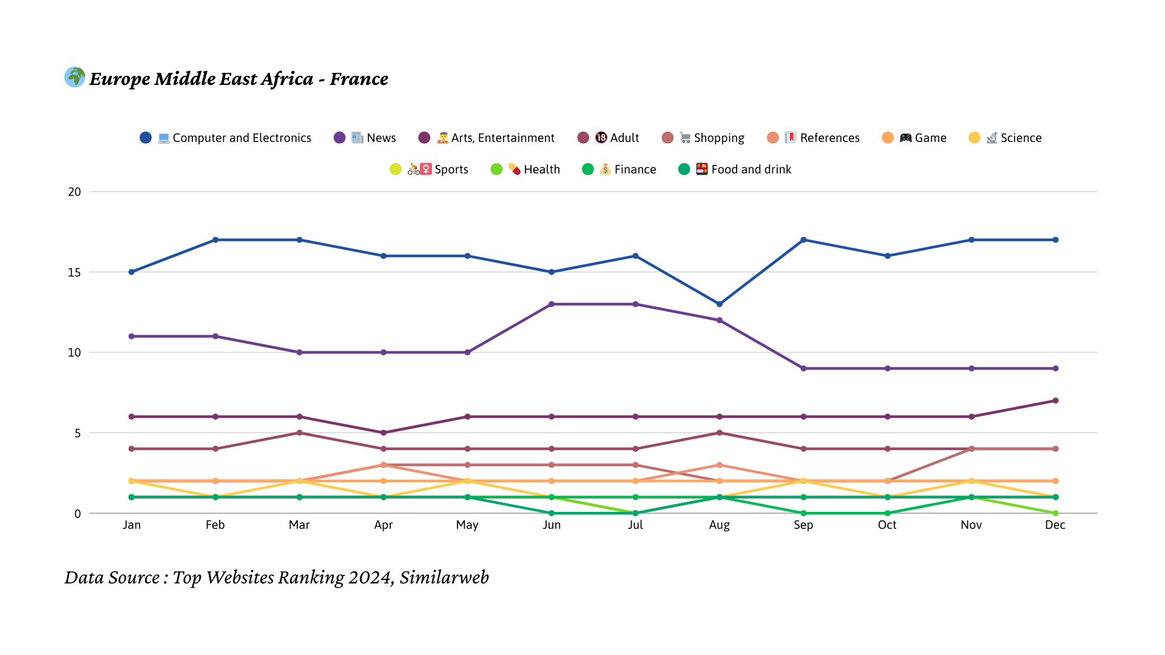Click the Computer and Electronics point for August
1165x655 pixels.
tap(720, 304)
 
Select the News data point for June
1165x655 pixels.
tap(552, 304)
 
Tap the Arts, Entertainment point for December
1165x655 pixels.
tap(1056, 400)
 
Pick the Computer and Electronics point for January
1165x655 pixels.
tap(132, 272)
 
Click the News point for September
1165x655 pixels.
tap(803, 368)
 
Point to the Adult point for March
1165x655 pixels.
tap(299, 432)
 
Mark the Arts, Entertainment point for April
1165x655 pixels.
tap(383, 432)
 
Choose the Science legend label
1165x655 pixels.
tap(1021, 138)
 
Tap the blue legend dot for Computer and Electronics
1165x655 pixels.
tap(146, 138)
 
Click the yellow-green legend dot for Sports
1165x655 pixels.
tap(396, 169)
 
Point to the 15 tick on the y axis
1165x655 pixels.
tap(75, 272)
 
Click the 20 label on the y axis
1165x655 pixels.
tap(75, 192)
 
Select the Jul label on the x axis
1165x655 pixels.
tap(635, 525)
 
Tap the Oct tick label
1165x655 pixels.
tap(887, 525)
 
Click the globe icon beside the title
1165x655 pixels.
tap(75, 77)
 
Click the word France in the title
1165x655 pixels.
tap(359, 79)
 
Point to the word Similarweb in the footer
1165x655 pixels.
tap(444, 577)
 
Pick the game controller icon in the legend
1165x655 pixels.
tap(905, 138)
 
